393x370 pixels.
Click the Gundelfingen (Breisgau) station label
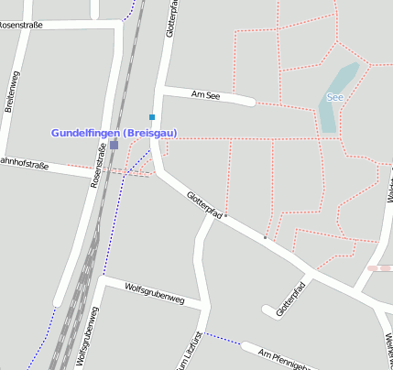pos(114,133)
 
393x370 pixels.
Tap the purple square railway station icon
pos(114,145)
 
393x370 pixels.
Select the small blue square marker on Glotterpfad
pos(152,117)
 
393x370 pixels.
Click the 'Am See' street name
pos(206,94)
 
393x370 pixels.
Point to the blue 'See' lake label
pos(334,96)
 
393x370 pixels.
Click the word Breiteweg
pos(14,93)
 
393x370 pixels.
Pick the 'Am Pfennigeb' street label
pos(283,359)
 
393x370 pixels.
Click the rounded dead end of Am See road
pos(249,100)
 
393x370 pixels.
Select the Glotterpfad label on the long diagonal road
pos(204,204)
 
